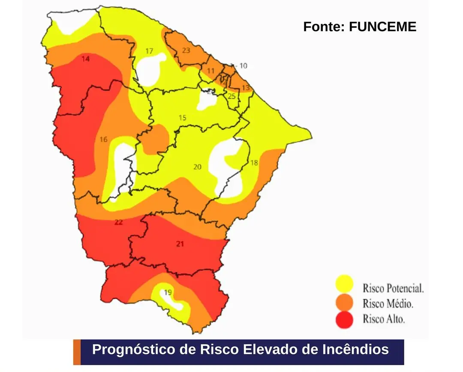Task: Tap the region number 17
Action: tap(149, 51)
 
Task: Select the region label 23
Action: tap(186, 51)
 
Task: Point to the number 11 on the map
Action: tap(210, 71)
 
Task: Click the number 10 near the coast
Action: tap(243, 66)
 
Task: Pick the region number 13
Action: tap(245, 88)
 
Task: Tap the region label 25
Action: tap(231, 96)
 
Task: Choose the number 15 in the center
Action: tap(182, 118)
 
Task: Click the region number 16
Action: tap(103, 140)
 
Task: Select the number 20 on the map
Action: tap(197, 167)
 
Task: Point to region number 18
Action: tap(254, 163)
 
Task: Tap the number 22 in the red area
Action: tap(119, 222)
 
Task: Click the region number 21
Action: tap(180, 244)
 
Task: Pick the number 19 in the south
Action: tap(168, 293)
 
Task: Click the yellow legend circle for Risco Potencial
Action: tap(344, 284)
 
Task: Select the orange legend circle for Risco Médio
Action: tap(344, 303)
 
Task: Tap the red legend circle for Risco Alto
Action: tap(344, 319)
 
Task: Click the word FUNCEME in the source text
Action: tap(382, 27)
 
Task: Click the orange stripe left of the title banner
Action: tap(77, 352)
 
